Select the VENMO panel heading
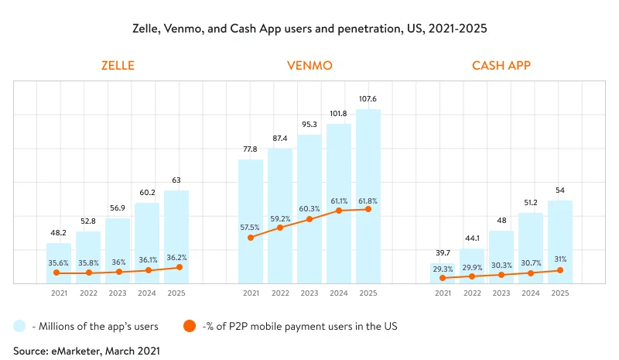coord(309,66)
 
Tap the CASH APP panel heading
coord(501,66)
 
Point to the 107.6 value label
coord(368,98)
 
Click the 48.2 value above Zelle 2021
coord(59,232)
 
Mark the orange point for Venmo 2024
coord(339,211)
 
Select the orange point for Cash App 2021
coord(443,277)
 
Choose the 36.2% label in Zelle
coord(176,256)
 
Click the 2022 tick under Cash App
coord(472,293)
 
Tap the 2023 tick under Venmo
coord(309,293)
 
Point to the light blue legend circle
coord(20,325)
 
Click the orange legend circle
coord(188,325)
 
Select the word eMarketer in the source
coord(78,350)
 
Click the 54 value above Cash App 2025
coord(560,190)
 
